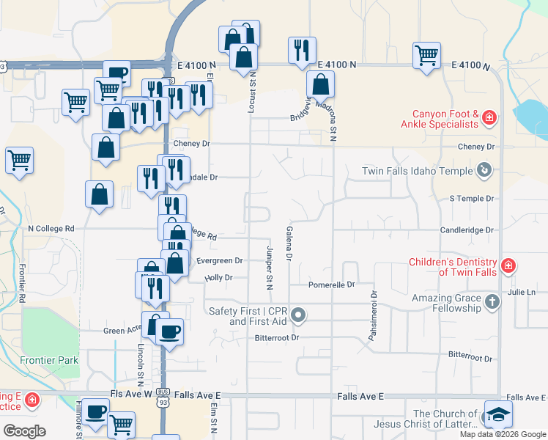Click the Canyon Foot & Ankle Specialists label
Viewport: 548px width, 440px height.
tap(445, 119)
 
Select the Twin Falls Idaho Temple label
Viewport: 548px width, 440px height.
tap(418, 172)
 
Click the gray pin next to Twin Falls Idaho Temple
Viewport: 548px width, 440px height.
tap(484, 171)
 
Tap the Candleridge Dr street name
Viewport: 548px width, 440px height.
tap(467, 230)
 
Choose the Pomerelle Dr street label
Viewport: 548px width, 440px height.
tap(331, 285)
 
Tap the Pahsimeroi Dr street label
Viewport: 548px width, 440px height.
tap(373, 315)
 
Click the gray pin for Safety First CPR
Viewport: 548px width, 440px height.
tap(298, 316)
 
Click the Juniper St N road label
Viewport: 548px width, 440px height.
tap(269, 265)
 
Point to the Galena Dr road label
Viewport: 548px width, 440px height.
tap(289, 243)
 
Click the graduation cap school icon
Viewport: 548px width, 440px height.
tap(498, 415)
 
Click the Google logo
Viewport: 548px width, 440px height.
tap(24, 431)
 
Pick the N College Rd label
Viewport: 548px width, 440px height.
tap(51, 228)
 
